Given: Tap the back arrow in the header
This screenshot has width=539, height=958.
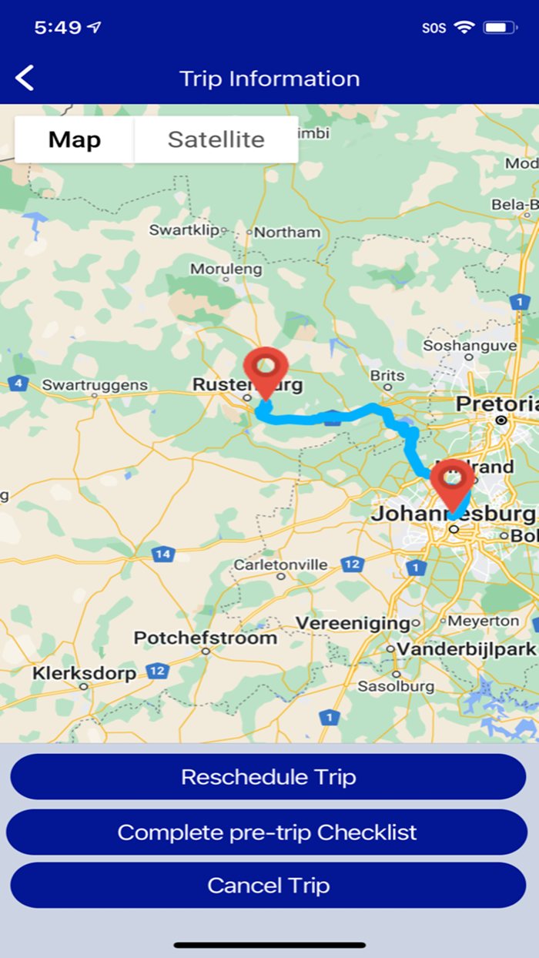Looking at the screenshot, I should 25,79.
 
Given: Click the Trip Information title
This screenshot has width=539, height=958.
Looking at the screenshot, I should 269,79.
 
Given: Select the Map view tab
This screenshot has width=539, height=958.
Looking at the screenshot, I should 75,139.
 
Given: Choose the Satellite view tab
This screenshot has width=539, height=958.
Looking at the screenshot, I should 216,139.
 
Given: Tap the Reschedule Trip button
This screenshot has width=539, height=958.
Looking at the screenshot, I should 268,776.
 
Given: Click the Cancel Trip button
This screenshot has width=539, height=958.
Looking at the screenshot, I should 268,885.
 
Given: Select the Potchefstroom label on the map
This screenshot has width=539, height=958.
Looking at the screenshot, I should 205,638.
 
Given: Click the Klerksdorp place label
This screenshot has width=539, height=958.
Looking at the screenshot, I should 84,673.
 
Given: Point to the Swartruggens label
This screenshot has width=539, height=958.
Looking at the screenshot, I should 94,384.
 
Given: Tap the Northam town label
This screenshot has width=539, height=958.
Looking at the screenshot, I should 286,232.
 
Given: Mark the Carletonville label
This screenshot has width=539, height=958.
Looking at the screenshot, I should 280,564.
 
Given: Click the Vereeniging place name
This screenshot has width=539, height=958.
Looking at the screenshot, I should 353,622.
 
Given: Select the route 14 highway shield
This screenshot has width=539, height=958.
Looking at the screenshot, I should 162,554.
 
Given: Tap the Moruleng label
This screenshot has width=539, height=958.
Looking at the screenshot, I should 226,270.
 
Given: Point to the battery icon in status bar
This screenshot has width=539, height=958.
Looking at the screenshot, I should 500,28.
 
